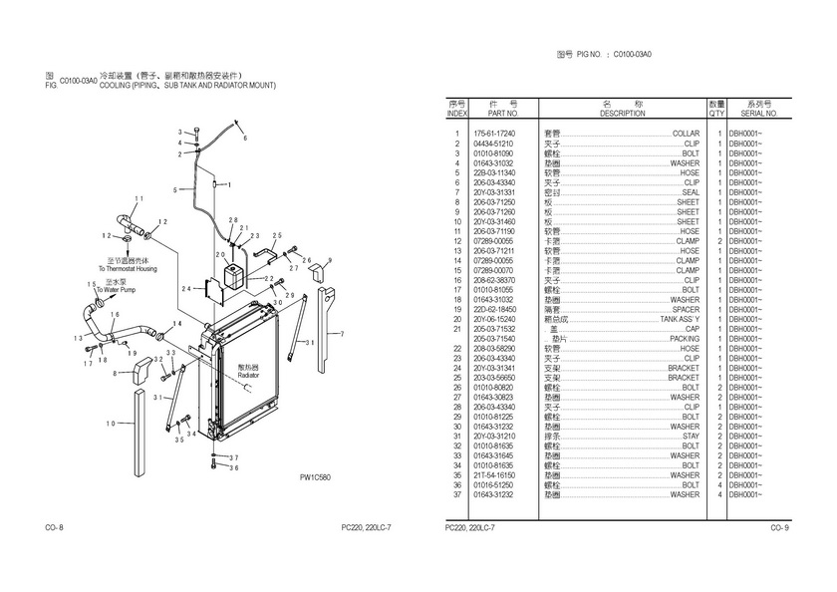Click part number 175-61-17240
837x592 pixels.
[495, 134]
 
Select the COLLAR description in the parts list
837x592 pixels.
[686, 134]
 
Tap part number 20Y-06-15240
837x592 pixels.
[495, 320]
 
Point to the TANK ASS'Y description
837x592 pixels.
[680, 320]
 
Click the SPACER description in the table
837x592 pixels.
[685, 310]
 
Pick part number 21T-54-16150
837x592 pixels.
[495, 475]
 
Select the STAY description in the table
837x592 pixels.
[691, 437]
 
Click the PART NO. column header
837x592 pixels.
[495, 114]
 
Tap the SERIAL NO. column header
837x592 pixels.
[758, 114]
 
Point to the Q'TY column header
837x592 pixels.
[716, 114]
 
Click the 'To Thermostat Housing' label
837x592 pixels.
[128, 269]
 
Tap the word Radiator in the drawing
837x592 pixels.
[248, 375]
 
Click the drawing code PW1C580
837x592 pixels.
[315, 477]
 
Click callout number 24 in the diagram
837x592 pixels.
[186, 289]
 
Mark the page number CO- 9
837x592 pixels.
[779, 526]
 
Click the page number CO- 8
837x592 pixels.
[55, 526]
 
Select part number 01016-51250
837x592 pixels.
[495, 485]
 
